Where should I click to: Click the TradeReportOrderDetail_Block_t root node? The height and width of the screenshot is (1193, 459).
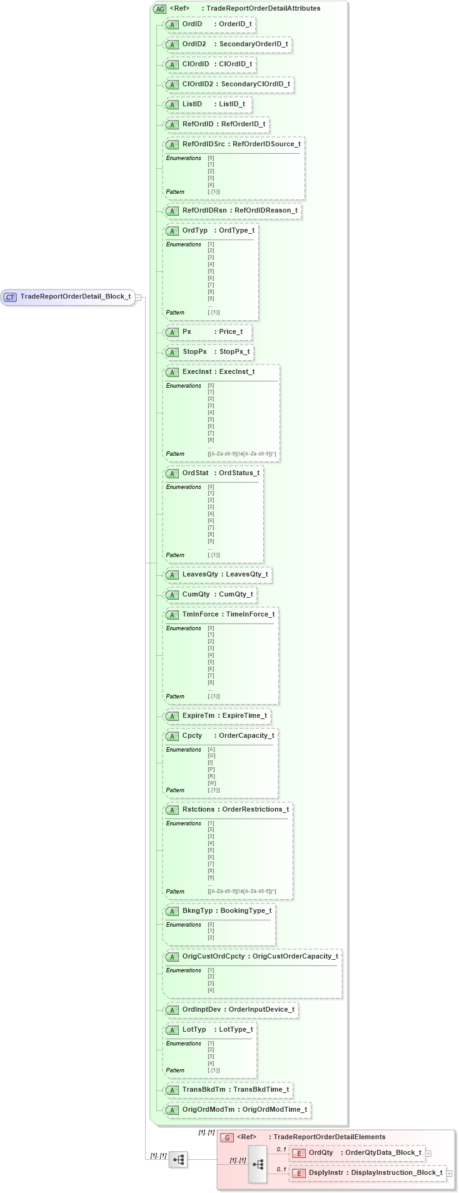[75, 297]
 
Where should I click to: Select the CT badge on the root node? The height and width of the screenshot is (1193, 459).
[11, 297]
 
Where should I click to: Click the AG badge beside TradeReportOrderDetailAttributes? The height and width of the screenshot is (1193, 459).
[159, 9]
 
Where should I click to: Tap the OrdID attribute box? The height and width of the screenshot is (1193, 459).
[209, 24]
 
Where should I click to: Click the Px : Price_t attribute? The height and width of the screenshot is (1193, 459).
[206, 332]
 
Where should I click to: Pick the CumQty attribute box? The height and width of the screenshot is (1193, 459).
[209, 595]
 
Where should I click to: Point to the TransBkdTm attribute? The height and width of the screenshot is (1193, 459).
[228, 1090]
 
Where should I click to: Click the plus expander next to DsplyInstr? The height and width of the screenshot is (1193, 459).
[450, 1173]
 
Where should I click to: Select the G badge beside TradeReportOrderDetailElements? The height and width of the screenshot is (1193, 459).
[228, 1137]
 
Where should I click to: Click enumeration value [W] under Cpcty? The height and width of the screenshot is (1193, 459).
[211, 783]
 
